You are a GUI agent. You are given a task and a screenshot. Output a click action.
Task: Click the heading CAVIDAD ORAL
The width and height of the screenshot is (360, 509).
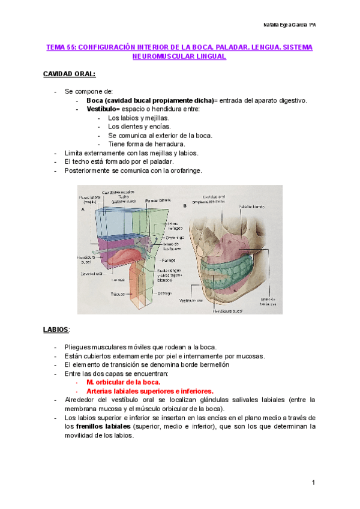click(x=68, y=74)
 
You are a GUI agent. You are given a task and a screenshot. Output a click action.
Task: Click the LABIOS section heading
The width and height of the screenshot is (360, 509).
click(x=56, y=330)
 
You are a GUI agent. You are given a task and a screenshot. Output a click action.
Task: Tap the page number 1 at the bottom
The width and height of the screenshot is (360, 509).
click(x=313, y=483)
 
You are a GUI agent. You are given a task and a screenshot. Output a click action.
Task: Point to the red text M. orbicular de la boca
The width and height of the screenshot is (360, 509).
click(x=123, y=382)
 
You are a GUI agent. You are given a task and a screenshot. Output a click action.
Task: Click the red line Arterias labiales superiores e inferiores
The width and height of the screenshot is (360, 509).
click(x=149, y=391)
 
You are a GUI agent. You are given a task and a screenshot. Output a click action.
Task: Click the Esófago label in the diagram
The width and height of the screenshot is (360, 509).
click(x=166, y=293)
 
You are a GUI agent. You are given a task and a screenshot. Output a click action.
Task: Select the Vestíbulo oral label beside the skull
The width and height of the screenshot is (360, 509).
click(x=191, y=302)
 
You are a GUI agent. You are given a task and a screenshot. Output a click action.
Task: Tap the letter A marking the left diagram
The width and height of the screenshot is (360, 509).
click(x=81, y=210)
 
